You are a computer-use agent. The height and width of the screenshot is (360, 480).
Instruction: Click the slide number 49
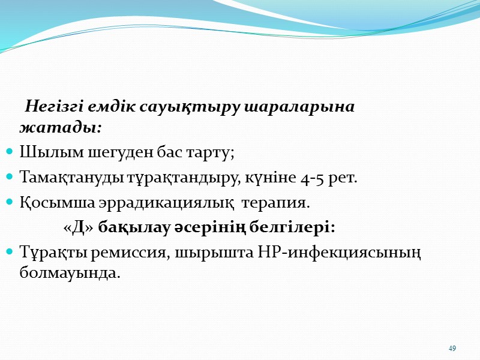pyautogui.click(x=452, y=349)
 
